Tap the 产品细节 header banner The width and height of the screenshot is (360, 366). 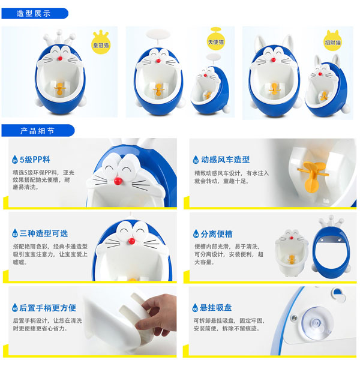pos(37,130)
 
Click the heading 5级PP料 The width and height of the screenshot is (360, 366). pos(34,160)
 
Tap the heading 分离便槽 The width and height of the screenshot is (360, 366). pos(217,233)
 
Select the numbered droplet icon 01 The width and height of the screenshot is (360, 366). pos(14,160)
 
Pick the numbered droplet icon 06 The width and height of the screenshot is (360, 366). pos(196,308)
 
